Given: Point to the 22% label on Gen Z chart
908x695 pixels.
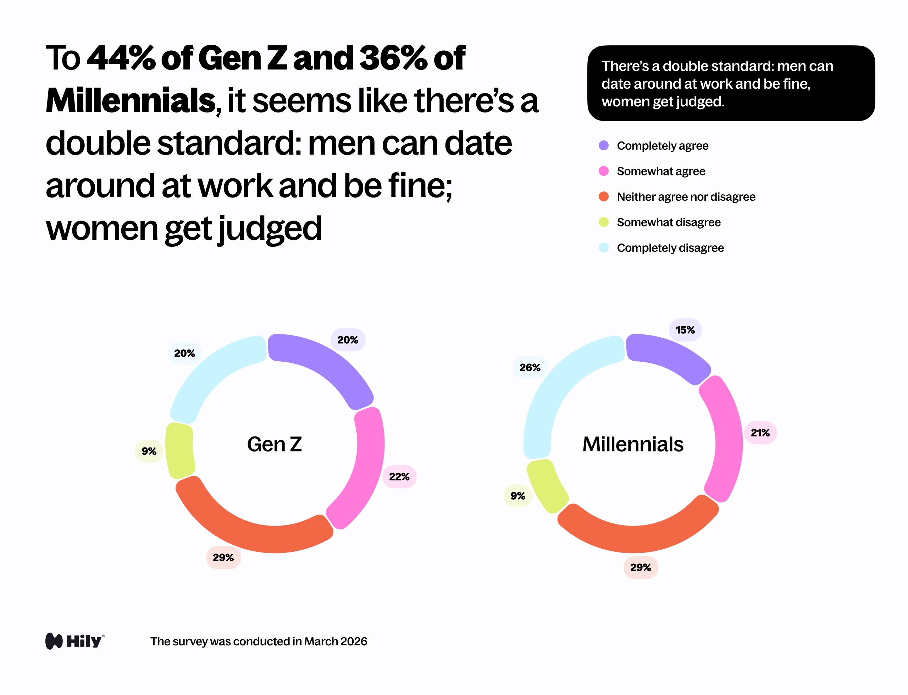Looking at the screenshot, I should [x=399, y=477].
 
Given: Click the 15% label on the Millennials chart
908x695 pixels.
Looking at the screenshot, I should [x=685, y=330].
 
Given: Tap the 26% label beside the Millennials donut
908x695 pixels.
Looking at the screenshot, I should [x=530, y=367].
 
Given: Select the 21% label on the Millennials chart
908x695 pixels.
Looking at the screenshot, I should [x=760, y=433].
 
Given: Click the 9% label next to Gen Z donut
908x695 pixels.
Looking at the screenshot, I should [x=149, y=451].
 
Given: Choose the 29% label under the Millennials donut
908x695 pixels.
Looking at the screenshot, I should [x=640, y=568].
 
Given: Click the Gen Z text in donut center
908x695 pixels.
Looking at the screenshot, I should [x=275, y=444].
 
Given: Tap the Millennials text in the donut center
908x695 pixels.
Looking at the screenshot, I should [x=633, y=444].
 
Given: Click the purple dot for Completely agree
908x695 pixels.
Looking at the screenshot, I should [x=603, y=146].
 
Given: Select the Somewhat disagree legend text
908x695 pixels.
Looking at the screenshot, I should [x=668, y=222].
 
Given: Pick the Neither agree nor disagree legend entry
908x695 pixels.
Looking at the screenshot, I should [x=686, y=197].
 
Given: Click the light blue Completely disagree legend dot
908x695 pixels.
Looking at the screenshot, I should [x=603, y=248].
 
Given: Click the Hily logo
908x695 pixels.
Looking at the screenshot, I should [x=75, y=641].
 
